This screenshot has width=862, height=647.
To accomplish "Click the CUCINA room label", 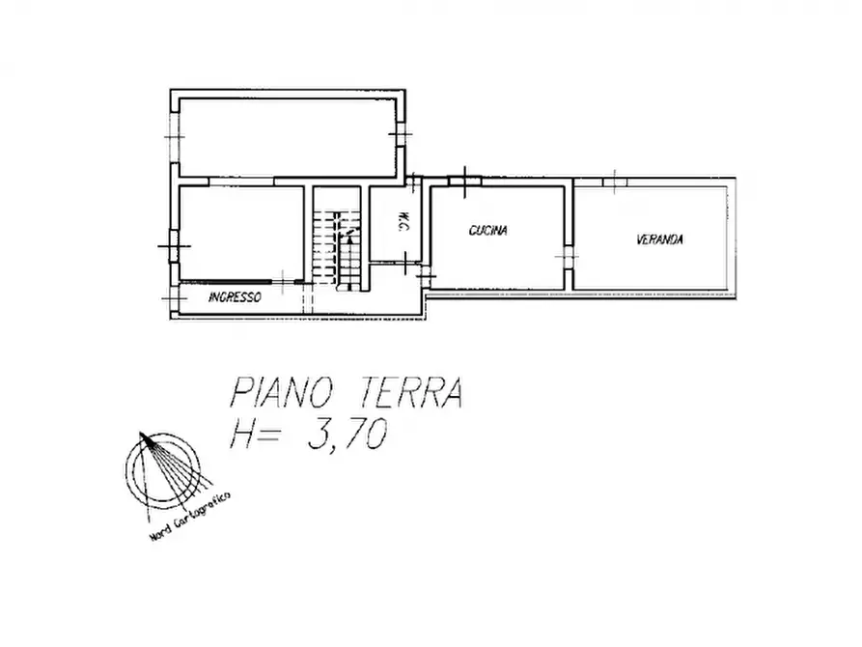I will [488, 231].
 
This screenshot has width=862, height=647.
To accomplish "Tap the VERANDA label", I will [659, 239].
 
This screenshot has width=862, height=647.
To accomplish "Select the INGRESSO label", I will [234, 298].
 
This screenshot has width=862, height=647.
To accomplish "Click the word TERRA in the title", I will [413, 395].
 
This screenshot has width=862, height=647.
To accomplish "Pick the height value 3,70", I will [346, 436].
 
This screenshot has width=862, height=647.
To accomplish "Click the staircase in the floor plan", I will [335, 247].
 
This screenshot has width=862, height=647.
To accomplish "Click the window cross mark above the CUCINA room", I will [465, 179].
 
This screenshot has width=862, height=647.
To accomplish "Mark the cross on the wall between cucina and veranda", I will [568, 256].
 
